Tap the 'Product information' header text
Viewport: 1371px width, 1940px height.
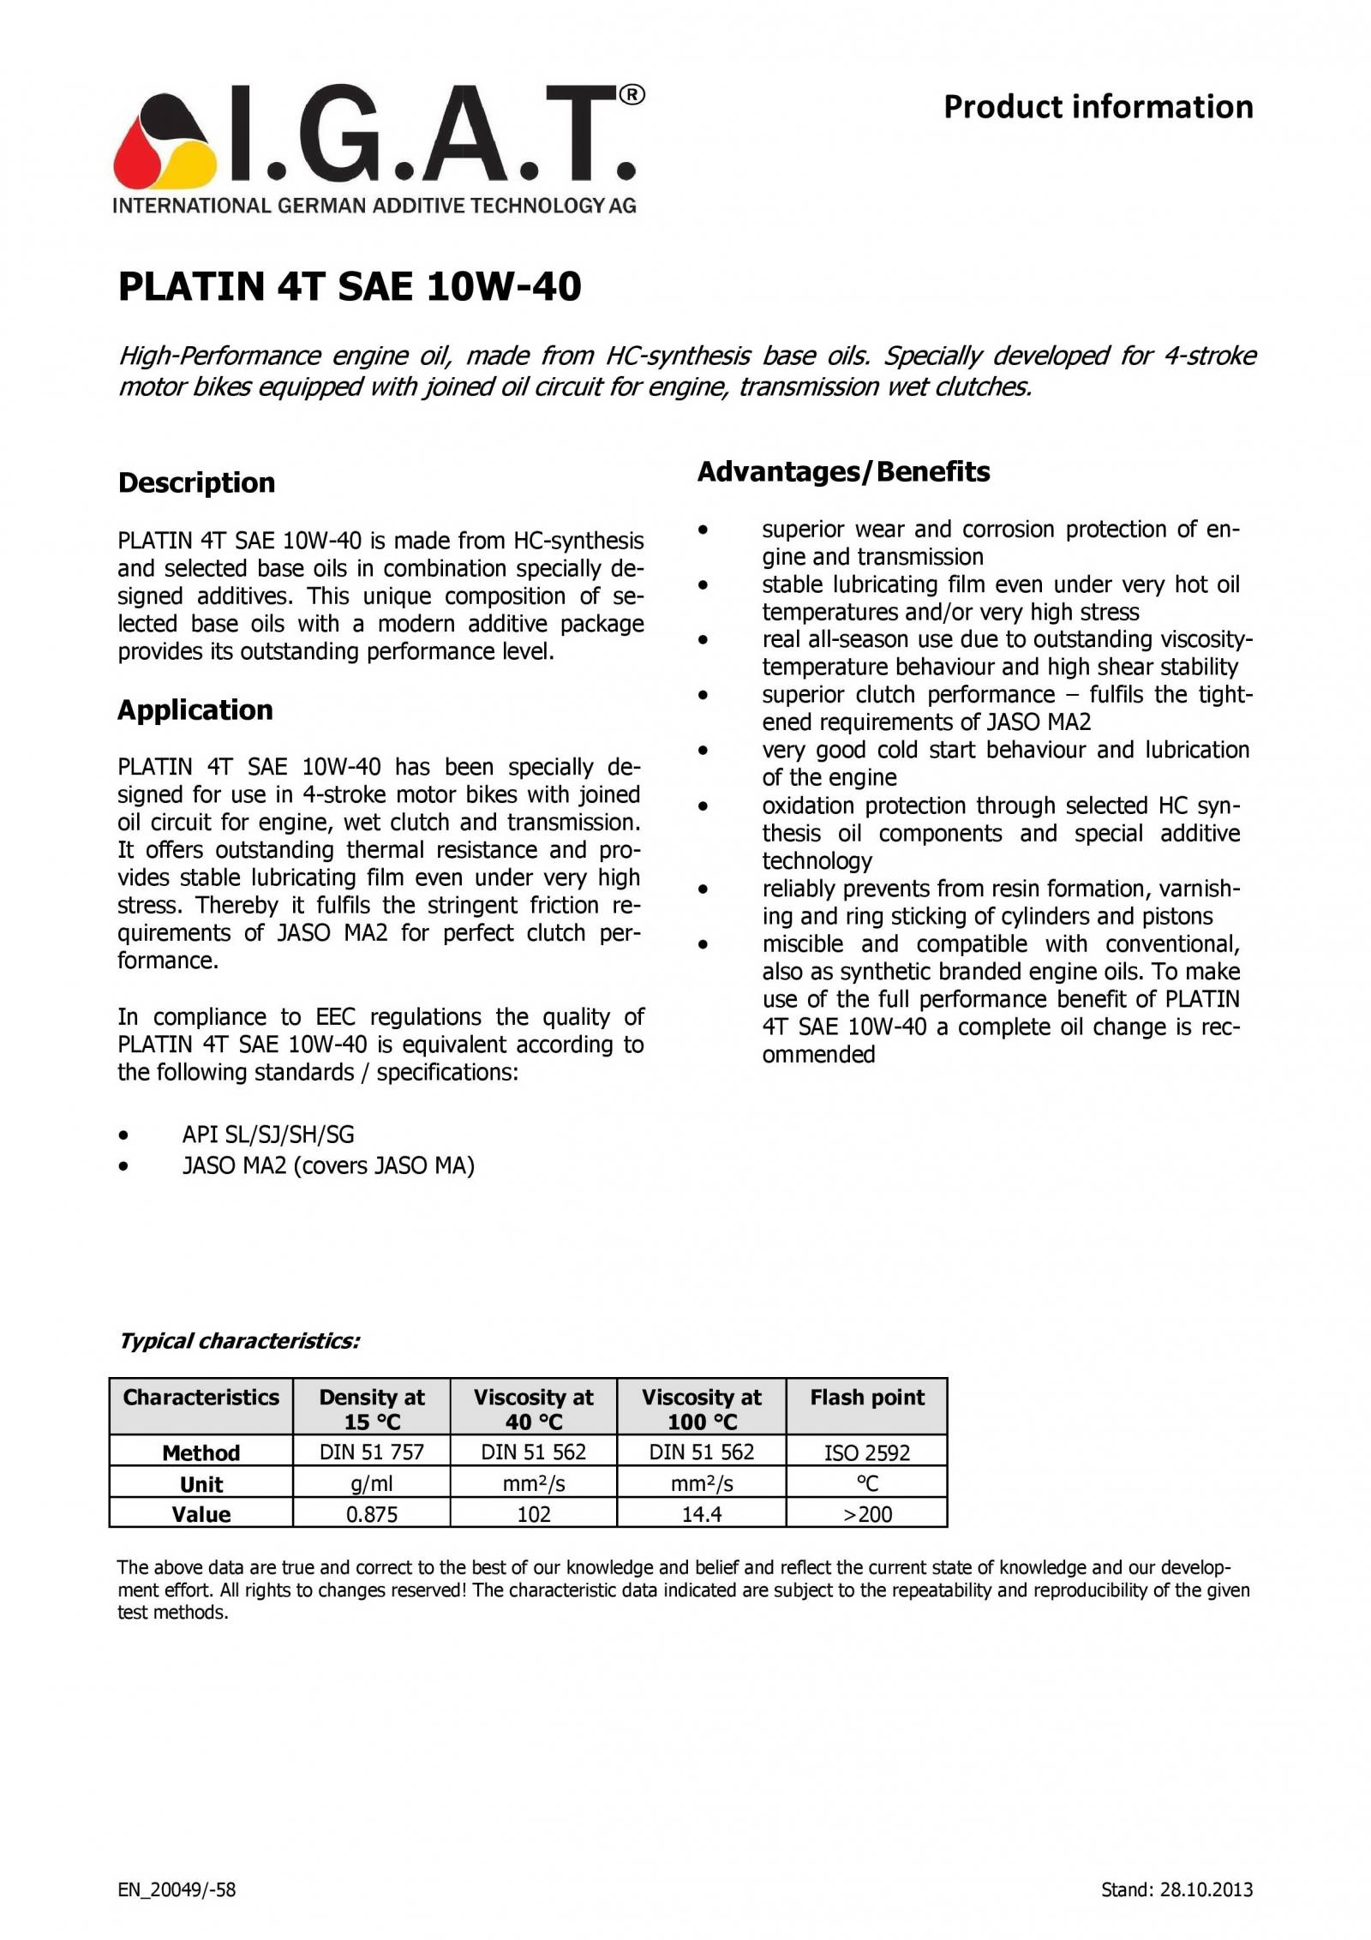1098,107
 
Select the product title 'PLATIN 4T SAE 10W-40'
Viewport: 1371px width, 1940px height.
350,286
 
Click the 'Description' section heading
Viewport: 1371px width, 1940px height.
196,482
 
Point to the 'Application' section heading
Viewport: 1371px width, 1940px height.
195,710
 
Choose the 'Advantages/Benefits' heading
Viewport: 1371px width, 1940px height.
843,471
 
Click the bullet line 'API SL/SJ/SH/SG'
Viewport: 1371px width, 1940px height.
267,1135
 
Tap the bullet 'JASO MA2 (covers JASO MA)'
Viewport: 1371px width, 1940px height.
328,1165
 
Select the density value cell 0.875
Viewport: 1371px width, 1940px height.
372,1514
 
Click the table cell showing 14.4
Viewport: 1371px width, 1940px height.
701,1514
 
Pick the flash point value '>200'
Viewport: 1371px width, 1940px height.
867,1514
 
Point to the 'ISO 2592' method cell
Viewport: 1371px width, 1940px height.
867,1452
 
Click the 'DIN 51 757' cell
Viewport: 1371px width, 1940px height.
372,1452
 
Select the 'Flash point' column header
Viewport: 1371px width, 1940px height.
867,1398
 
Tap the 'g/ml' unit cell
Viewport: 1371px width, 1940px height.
372,1483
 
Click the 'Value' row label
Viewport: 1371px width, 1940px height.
201,1514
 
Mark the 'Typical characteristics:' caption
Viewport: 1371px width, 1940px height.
239,1341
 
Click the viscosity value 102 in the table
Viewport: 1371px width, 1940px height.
533,1514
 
